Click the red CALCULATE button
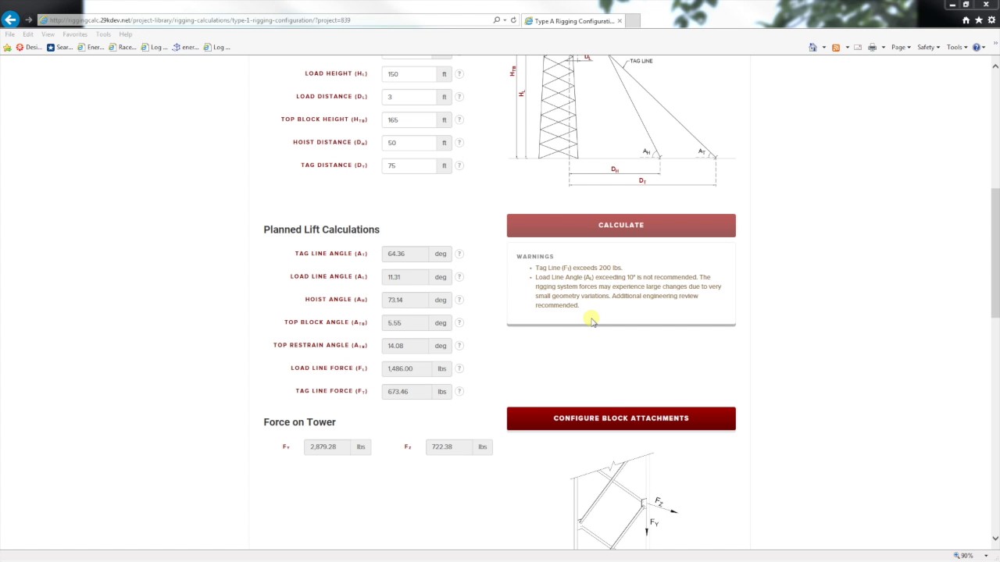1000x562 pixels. point(620,225)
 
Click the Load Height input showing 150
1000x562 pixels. point(409,74)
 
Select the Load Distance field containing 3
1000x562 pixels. point(409,97)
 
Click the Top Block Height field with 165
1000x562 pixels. point(409,119)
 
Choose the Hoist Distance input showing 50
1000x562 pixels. point(409,143)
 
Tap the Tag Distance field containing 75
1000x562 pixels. point(409,165)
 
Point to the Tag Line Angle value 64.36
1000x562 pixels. point(405,254)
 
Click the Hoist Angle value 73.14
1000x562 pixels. point(405,300)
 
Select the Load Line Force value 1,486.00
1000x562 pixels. point(405,368)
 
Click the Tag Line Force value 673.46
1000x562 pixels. point(405,391)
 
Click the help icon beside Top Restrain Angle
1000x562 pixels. point(459,346)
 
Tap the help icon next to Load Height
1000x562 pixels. point(459,74)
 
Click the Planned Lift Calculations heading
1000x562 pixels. point(321,229)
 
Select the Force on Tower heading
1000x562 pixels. point(299,422)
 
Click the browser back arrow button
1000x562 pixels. point(10,20)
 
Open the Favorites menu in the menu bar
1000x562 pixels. point(75,34)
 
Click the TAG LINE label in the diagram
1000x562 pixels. point(641,61)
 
